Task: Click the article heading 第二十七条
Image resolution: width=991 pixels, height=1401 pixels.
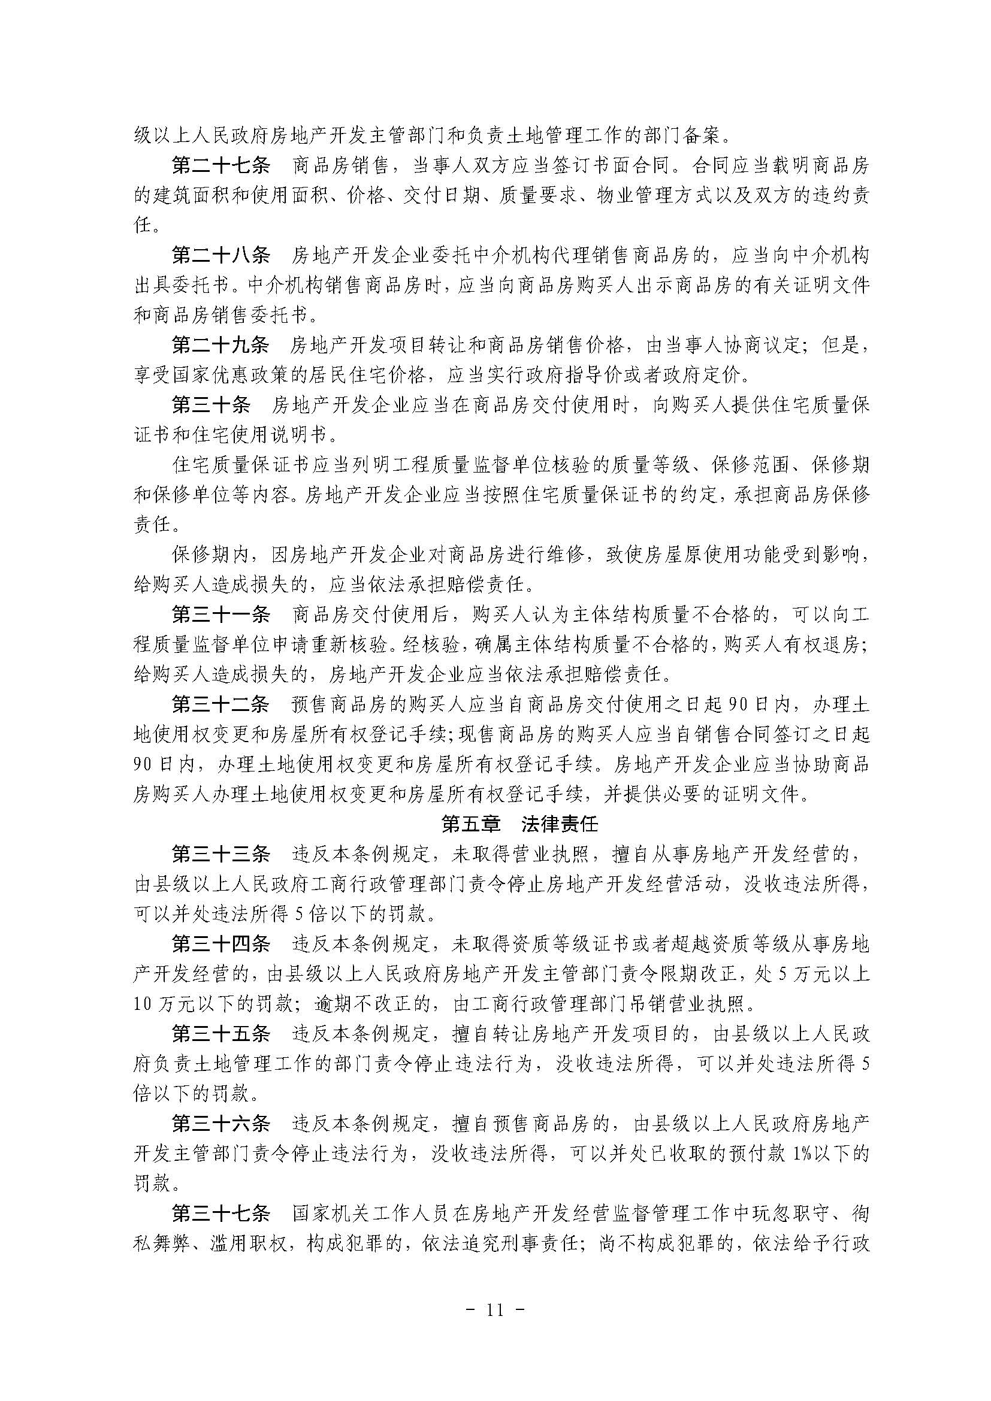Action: click(x=221, y=165)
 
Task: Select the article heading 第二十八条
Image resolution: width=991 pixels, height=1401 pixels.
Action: click(x=221, y=255)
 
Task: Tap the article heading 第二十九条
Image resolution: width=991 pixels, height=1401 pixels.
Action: click(x=221, y=346)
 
